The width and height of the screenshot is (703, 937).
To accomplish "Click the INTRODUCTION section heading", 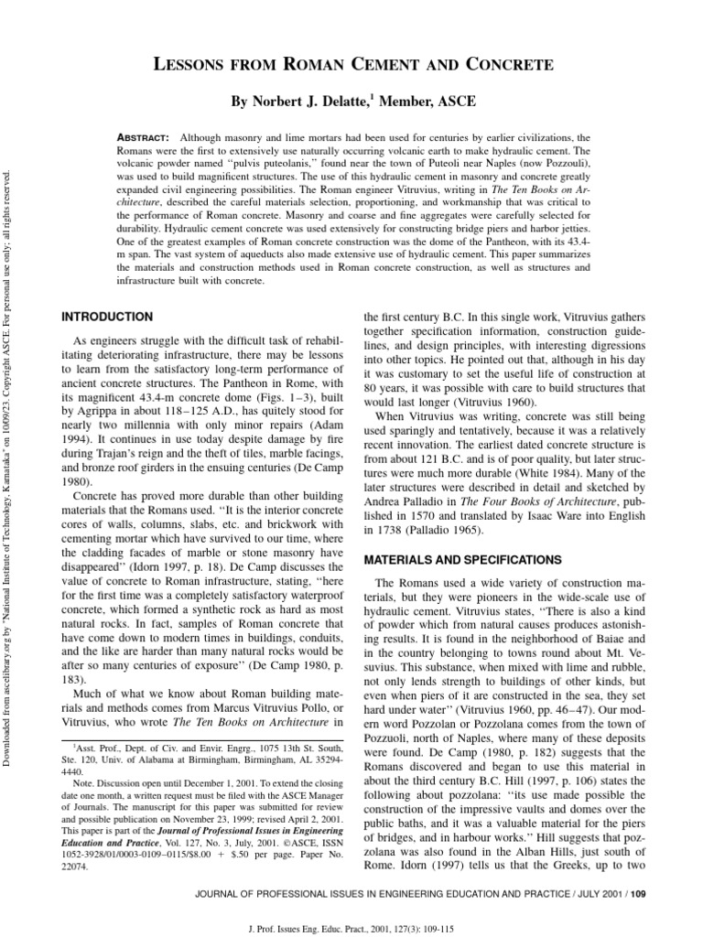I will pos(106,316).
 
